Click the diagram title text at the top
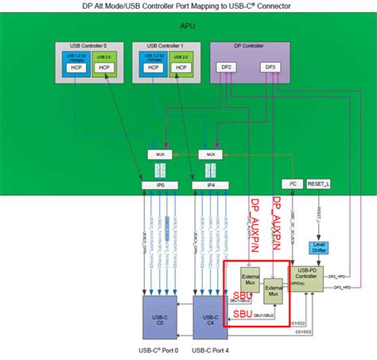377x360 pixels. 188,6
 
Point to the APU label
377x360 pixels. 187,26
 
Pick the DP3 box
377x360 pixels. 270,68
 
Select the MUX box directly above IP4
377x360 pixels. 210,153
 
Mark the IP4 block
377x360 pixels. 210,184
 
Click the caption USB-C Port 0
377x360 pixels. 158,350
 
